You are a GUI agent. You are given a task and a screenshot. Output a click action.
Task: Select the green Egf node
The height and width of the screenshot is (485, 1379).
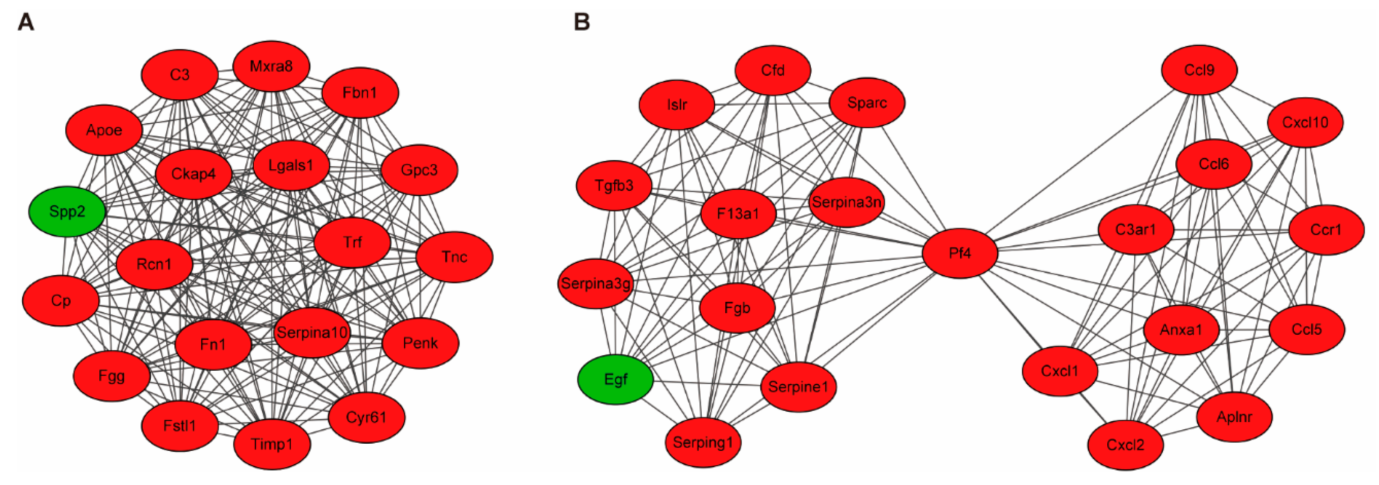(616, 380)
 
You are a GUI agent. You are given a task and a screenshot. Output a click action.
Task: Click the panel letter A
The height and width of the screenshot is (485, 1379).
(26, 22)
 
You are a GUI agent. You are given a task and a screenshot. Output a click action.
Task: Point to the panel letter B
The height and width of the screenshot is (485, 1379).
(582, 22)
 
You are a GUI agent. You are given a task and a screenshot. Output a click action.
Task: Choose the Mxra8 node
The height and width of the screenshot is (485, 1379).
(271, 66)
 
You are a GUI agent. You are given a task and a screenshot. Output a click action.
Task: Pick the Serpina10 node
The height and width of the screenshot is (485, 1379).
(312, 333)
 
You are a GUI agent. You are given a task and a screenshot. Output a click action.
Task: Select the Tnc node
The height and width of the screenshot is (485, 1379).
(454, 257)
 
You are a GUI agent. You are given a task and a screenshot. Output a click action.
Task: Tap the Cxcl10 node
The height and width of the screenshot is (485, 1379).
(1305, 123)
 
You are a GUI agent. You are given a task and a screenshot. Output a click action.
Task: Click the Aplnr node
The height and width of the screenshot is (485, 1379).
(1234, 417)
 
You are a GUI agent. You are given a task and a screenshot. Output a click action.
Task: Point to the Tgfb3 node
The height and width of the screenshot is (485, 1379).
(614, 186)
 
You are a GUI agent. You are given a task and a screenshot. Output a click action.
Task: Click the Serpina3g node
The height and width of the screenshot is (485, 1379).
(595, 283)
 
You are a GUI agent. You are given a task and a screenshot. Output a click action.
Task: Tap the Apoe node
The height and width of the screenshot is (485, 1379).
(104, 130)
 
